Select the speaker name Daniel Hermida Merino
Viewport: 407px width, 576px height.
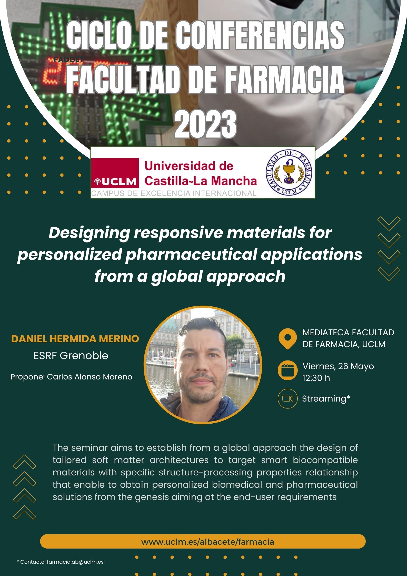[75, 339]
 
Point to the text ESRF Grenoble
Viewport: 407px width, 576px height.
[71, 356]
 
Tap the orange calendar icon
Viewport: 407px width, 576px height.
[287, 371]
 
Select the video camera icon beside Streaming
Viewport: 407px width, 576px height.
[287, 398]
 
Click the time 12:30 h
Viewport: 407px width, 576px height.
[316, 378]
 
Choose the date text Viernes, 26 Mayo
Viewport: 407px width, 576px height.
[338, 366]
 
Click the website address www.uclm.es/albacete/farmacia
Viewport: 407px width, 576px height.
[208, 542]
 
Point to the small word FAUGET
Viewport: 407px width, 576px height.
[69, 60]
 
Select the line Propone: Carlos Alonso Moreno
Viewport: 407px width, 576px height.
[72, 377]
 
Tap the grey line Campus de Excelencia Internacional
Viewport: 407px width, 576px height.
[174, 193]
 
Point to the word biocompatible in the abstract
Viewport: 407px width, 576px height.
[325, 460]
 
